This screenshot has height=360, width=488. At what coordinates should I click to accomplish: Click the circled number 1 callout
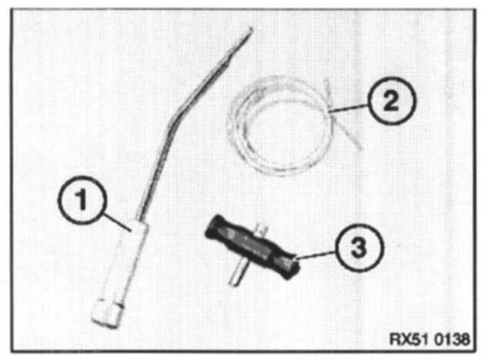coord(82,200)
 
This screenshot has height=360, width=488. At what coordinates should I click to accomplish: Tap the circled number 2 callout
coord(392,102)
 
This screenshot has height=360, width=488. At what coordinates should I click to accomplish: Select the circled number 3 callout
coord(359,248)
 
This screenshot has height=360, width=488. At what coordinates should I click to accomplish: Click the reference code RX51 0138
coord(430,338)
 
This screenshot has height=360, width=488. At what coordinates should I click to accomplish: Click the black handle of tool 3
coord(252,247)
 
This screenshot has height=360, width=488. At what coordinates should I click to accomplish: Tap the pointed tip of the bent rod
coord(251,29)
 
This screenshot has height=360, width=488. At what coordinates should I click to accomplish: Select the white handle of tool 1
coord(122,274)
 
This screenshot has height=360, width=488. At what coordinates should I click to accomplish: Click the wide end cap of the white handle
coord(107,313)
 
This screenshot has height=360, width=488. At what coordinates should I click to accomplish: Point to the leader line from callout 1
coord(118,222)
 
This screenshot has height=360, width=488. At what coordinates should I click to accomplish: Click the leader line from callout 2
coord(349,108)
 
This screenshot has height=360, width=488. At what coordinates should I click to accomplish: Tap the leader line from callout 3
coord(316,254)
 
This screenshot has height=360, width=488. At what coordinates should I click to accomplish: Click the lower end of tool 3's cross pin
coord(234,282)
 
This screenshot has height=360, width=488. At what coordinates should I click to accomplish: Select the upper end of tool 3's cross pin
coord(263,227)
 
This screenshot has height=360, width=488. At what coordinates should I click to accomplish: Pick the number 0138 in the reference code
coord(452,338)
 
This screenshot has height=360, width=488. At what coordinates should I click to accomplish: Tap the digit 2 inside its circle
coord(391,102)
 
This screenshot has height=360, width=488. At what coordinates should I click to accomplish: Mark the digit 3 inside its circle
coord(359,248)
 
